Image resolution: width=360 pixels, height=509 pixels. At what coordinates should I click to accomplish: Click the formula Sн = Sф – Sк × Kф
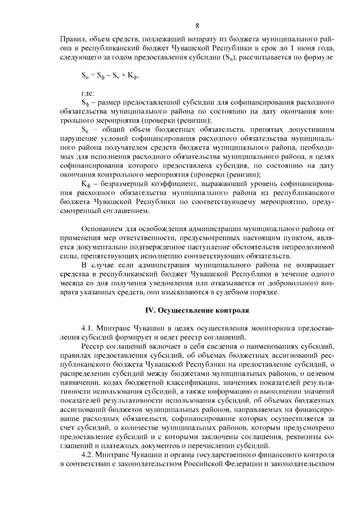pos(107,75)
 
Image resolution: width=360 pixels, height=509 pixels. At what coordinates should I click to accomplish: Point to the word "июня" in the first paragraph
pos(304,48)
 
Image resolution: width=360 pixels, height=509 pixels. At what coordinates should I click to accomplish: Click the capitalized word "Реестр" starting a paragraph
pos(94,346)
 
